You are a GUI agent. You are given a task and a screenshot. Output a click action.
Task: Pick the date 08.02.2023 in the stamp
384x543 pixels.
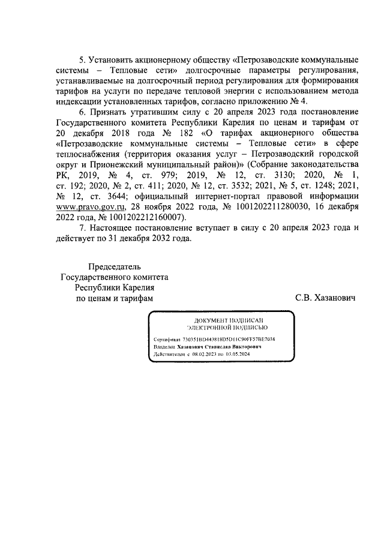click(203, 355)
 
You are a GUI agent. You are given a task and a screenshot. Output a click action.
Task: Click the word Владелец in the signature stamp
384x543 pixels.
click(164, 347)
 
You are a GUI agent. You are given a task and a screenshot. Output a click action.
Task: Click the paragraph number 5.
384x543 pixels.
click(83, 61)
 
